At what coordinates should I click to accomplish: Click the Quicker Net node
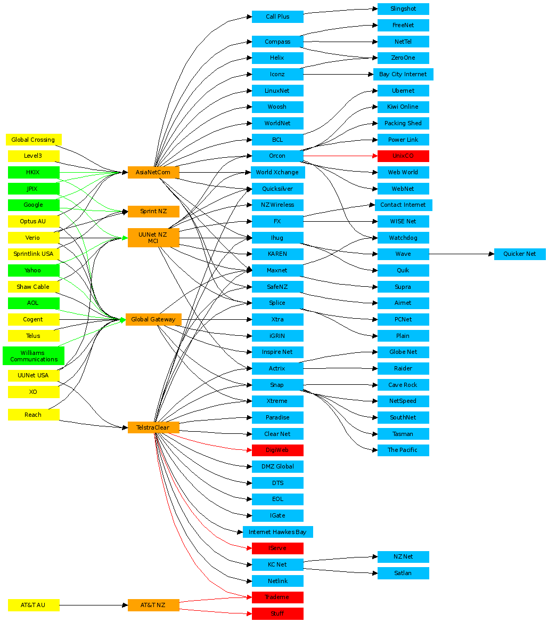pyautogui.click(x=520, y=254)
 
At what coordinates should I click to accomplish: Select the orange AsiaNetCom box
pyautogui.click(x=153, y=172)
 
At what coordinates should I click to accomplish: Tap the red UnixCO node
pyautogui.click(x=403, y=156)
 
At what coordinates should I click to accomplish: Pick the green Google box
pyautogui.click(x=34, y=205)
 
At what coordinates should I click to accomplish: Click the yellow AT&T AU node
pyautogui.click(x=34, y=605)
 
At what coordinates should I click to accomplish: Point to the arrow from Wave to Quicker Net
pyautogui.click(x=461, y=254)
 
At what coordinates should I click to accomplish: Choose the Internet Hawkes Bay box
pyautogui.click(x=277, y=532)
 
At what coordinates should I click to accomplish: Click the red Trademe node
pyautogui.click(x=277, y=597)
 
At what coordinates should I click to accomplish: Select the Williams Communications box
pyautogui.click(x=34, y=356)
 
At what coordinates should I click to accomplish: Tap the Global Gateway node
pyautogui.click(x=153, y=319)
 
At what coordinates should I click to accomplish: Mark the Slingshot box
pyautogui.click(x=403, y=9)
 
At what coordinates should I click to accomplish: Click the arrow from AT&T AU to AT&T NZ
pyautogui.click(x=93, y=605)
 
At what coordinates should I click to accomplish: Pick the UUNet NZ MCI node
pyautogui.click(x=153, y=238)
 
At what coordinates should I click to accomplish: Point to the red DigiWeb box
pyautogui.click(x=277, y=450)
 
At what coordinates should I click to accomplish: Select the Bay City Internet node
pyautogui.click(x=403, y=74)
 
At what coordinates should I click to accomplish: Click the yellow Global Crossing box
pyautogui.click(x=34, y=140)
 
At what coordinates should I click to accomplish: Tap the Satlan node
pyautogui.click(x=403, y=573)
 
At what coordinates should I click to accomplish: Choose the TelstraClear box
pyautogui.click(x=153, y=427)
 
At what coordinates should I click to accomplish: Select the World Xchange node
pyautogui.click(x=277, y=172)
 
